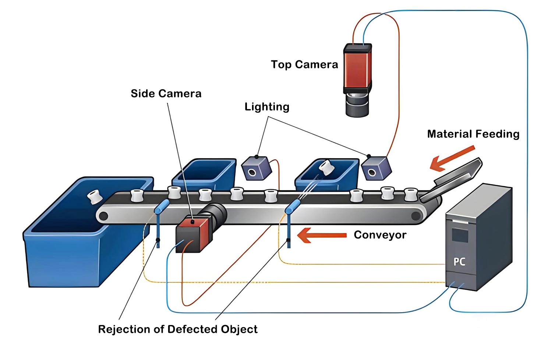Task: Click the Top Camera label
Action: pos(304,65)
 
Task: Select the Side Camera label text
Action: pos(166,93)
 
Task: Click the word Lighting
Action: pos(267,107)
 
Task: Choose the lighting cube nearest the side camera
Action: pos(256,169)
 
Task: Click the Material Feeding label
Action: pos(473,134)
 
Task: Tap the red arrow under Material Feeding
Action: pos(452,158)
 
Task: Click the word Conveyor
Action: pos(380,235)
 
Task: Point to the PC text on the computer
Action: pos(459,262)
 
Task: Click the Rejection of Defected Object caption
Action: pos(178,329)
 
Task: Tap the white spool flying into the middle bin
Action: pos(326,167)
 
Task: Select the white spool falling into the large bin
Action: pos(94,197)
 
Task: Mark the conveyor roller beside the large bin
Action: pos(103,216)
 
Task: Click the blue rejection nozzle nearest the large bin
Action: pos(162,207)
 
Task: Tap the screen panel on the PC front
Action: pos(460,235)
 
